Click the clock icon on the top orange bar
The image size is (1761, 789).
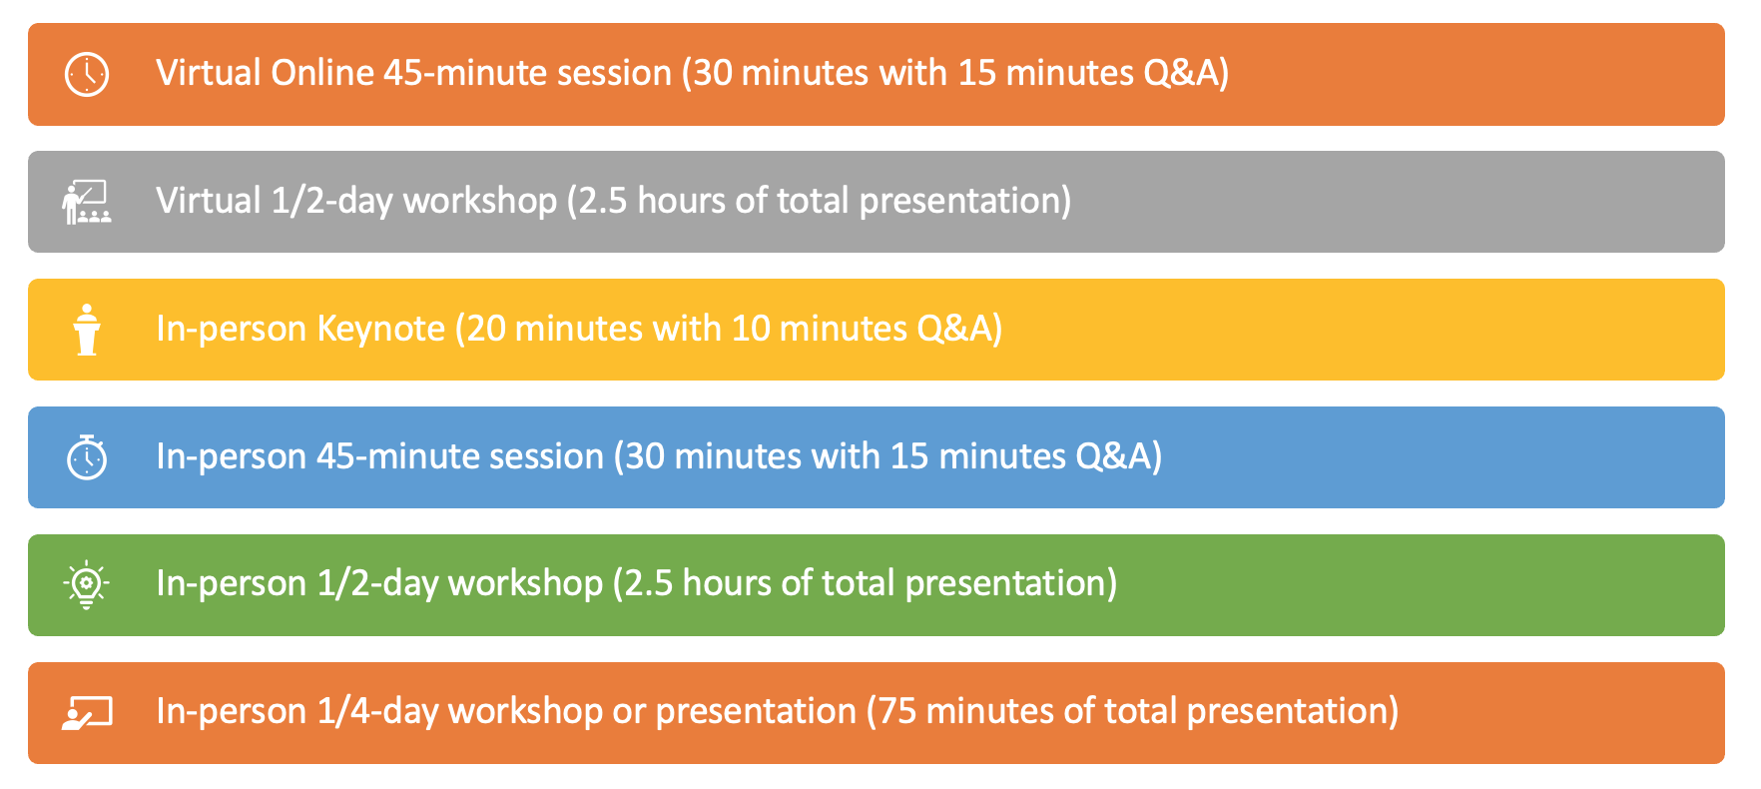87,74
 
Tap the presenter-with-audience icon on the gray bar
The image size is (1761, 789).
87,202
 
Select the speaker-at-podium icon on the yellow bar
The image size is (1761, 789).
87,330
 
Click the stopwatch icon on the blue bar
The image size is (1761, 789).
87,456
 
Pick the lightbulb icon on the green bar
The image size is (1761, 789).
87,584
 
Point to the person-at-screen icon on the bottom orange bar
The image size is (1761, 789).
87,712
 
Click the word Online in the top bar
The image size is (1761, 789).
322,73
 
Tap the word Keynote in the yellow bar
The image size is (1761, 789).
380,330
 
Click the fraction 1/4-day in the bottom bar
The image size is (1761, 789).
377,712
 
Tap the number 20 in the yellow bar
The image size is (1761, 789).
486,329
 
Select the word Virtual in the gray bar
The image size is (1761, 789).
209,201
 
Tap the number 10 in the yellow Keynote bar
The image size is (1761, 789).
751,329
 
